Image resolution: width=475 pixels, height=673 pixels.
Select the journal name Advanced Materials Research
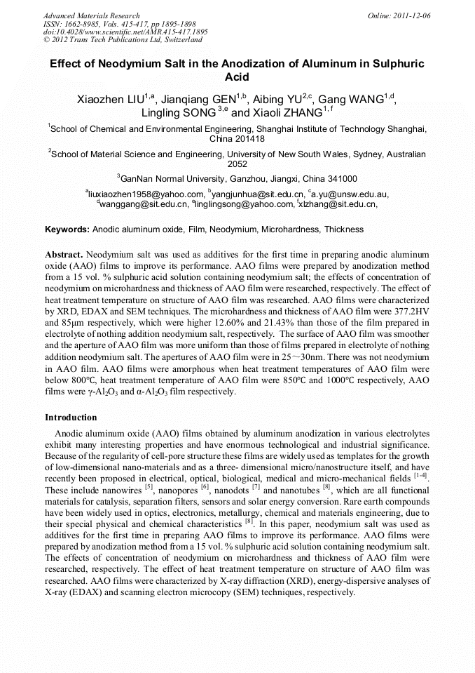(91, 15)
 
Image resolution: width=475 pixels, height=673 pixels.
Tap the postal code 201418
(251, 139)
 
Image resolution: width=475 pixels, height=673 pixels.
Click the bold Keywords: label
(67, 229)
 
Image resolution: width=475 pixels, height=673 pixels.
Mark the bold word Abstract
(64, 253)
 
